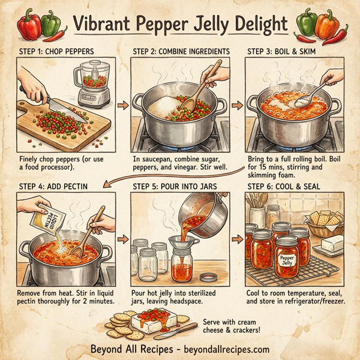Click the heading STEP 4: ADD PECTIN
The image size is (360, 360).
click(x=55, y=186)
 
